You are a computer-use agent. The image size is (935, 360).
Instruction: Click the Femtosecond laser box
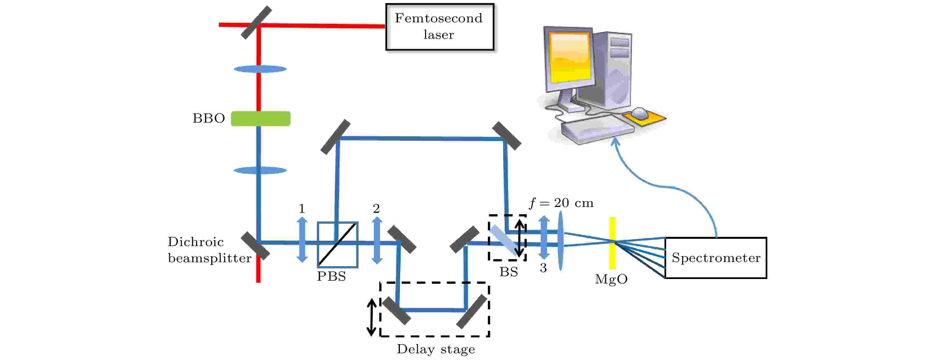(x=440, y=27)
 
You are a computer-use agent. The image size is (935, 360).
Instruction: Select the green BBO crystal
(x=261, y=119)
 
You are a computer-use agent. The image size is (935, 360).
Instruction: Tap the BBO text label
(x=209, y=118)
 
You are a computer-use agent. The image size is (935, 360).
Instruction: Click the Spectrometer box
(x=716, y=258)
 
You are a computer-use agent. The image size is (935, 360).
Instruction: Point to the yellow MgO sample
(x=612, y=243)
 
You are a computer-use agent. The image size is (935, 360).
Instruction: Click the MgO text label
(x=611, y=279)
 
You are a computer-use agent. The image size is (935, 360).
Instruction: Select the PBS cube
(x=338, y=245)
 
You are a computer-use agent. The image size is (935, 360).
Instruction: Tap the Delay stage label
(x=436, y=349)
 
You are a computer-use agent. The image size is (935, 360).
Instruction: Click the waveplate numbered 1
(x=302, y=240)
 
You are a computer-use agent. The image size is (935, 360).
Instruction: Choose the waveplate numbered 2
(x=377, y=240)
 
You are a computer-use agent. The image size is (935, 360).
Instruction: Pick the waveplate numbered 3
(x=544, y=237)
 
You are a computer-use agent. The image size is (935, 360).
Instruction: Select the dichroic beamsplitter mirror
(x=255, y=246)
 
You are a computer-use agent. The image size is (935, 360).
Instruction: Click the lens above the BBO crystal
(x=260, y=69)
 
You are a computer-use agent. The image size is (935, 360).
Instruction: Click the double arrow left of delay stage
(x=371, y=318)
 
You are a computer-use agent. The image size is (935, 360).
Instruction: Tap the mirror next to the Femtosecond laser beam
(x=257, y=23)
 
